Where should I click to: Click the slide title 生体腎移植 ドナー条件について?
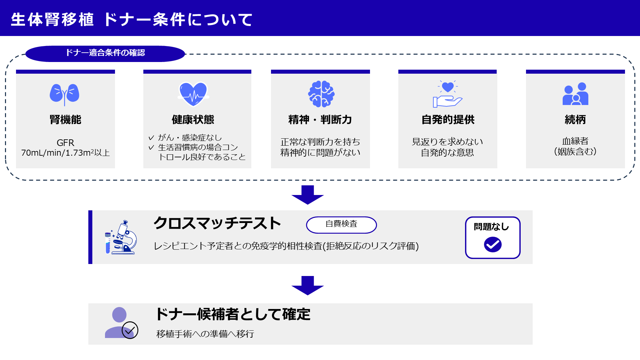[132, 19]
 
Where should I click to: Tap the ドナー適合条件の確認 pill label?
[105, 53]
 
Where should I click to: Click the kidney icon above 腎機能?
[65, 94]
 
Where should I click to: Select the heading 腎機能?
[65, 120]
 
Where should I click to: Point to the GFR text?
[65, 143]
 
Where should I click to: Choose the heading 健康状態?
[193, 120]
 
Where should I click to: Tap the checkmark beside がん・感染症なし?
[151, 138]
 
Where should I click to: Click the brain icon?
[321, 94]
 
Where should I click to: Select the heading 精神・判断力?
[320, 120]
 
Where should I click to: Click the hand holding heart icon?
[448, 94]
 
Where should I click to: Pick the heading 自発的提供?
[448, 120]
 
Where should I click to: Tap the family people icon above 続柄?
[575, 94]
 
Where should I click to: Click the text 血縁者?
[575, 141]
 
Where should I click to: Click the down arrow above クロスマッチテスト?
[308, 195]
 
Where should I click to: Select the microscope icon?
[121, 237]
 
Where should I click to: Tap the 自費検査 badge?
[341, 224]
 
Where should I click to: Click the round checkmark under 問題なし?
[493, 245]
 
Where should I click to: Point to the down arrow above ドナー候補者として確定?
[308, 285]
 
